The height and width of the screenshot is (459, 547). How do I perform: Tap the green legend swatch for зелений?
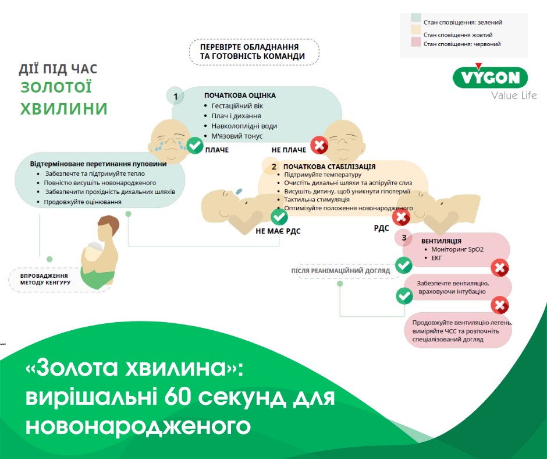point(416,18)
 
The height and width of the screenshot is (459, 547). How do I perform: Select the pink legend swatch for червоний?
point(416,43)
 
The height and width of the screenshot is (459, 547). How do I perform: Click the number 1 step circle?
point(176,96)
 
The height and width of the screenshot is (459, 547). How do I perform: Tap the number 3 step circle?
point(404,238)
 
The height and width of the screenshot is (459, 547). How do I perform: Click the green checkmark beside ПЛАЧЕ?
point(195,145)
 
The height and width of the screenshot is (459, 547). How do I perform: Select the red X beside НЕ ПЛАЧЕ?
point(319,145)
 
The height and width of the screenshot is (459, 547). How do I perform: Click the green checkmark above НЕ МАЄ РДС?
point(279,217)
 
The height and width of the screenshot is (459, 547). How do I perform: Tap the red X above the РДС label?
point(401,217)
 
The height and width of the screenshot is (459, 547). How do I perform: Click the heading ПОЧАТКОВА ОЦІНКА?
point(240,96)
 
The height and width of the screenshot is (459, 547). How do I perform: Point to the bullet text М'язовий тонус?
point(237,136)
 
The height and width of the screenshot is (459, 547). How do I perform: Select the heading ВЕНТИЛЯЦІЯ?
point(441,241)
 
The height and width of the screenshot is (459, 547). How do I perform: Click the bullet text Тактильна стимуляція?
point(317,199)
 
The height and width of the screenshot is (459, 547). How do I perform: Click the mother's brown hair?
point(109,224)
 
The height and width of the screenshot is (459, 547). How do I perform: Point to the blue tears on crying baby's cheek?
point(159,146)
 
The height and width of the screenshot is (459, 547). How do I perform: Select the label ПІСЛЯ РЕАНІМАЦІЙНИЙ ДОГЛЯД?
point(340,271)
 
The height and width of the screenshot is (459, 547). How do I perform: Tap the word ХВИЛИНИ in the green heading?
point(64,109)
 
